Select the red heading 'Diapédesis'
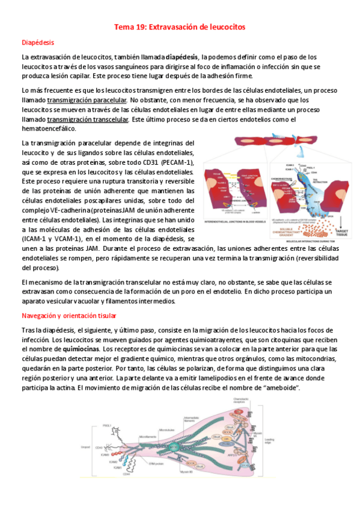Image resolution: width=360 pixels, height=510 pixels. coord(38,43)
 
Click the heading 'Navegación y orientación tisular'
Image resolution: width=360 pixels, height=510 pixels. coord(69,316)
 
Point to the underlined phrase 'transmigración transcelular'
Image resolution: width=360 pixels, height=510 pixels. coord(88,119)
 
